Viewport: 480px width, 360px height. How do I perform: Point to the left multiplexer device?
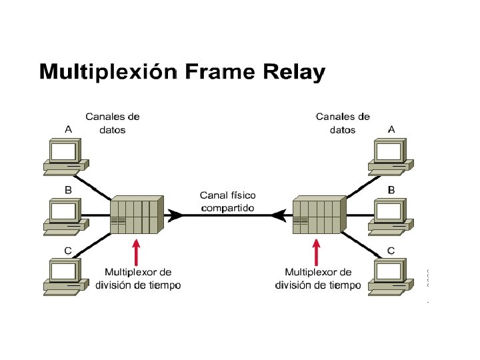tap(136, 215)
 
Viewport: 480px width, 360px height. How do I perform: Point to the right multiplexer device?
tap(319, 215)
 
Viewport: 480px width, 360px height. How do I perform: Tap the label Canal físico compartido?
tap(228, 201)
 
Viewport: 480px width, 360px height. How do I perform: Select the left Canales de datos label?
tap(112, 123)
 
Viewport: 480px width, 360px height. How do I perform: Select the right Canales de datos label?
tap(343, 123)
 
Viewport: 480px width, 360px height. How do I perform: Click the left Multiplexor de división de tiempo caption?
tap(138, 279)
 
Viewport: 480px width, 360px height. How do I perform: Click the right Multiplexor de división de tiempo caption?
tap(318, 279)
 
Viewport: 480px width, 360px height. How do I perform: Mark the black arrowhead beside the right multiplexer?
tap(279, 215)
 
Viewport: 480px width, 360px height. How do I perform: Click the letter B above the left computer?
tap(68, 190)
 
